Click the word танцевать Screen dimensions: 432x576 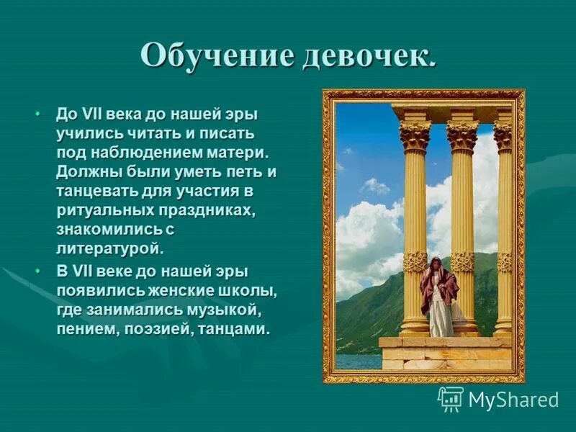pyautogui.click(x=96, y=192)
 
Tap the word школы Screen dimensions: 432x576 pyautogui.click(x=248, y=291)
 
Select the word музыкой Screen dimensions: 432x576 pyautogui.click(x=228, y=310)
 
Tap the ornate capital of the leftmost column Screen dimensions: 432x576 pyautogui.click(x=415, y=135)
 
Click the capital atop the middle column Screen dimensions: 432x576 pyautogui.click(x=462, y=135)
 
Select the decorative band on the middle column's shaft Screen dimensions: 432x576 pyautogui.click(x=462, y=261)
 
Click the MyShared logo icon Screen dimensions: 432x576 pyautogui.click(x=451, y=399)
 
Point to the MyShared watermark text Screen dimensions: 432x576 pyautogui.click(x=513, y=400)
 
